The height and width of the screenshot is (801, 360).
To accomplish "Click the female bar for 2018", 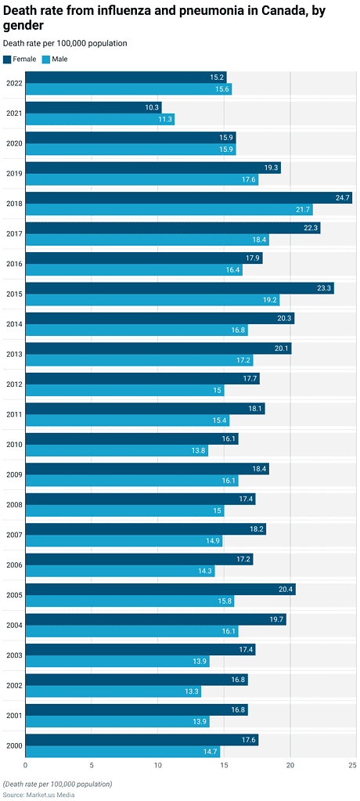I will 188,198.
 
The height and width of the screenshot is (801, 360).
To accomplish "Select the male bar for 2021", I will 99,119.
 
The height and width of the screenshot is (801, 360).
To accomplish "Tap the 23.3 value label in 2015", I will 325,288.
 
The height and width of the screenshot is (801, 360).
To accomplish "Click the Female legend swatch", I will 7,60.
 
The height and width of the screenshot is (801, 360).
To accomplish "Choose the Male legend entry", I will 55,60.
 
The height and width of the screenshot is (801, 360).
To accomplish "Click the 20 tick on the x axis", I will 290,765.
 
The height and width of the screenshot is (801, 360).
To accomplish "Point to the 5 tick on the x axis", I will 92,765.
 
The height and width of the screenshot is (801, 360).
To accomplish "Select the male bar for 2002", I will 113,691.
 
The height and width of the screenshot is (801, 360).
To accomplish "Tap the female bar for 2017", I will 172,228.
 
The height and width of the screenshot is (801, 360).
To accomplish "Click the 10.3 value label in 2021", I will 152,107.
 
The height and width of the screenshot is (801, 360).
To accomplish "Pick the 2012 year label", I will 13,384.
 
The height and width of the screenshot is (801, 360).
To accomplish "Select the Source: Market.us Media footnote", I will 38,795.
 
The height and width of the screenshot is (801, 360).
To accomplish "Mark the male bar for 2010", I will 117,451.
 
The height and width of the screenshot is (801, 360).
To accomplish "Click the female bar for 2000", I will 142,740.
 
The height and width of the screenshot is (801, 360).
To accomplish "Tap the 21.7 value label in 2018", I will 303,210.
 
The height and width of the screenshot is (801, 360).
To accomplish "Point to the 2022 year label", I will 13,83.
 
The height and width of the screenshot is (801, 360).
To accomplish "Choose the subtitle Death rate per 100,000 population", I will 65,43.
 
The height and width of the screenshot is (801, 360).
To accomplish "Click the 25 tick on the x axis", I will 354,765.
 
